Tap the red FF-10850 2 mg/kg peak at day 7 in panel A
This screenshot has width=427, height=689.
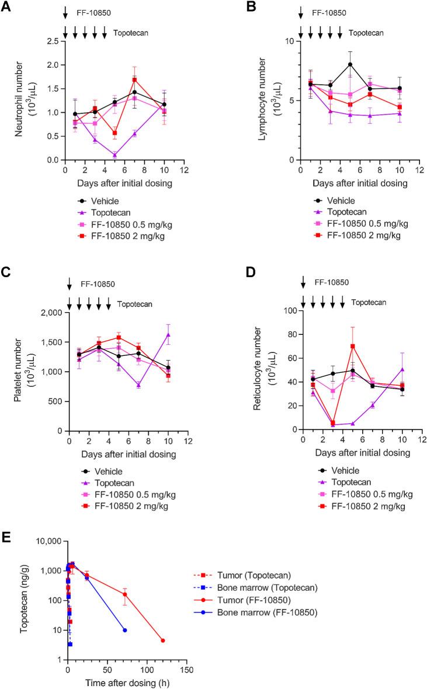coord(134,79)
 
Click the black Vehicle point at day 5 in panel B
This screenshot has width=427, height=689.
coord(350,64)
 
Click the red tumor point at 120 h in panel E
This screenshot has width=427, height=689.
coord(163,640)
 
